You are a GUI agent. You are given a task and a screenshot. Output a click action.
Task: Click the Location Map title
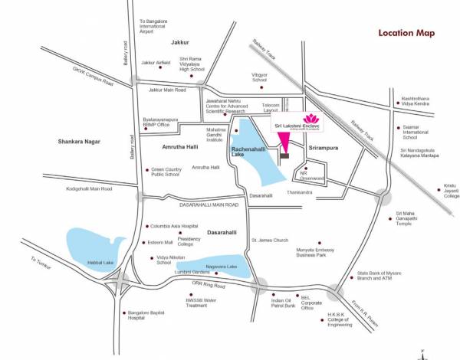[406, 33]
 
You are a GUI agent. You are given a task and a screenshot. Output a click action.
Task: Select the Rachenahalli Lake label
[254, 149]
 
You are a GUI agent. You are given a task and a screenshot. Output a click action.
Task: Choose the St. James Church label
[270, 240]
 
